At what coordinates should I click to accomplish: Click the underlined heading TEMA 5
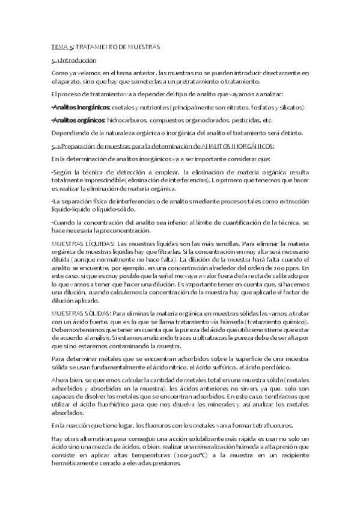(x=62, y=46)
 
